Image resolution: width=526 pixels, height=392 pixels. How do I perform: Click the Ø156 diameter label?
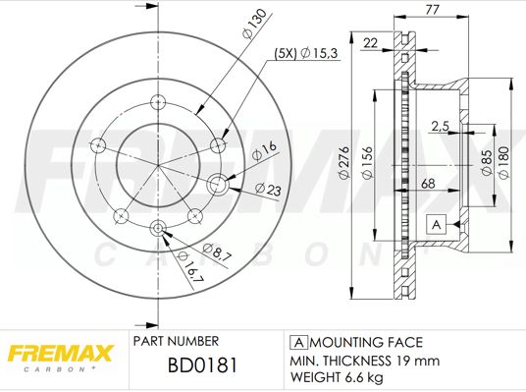(x=365, y=163)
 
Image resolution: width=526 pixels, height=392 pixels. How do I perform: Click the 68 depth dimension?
(x=429, y=183)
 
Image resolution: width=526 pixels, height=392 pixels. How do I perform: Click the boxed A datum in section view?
(x=436, y=225)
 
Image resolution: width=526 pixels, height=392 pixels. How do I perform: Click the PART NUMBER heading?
(x=175, y=342)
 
